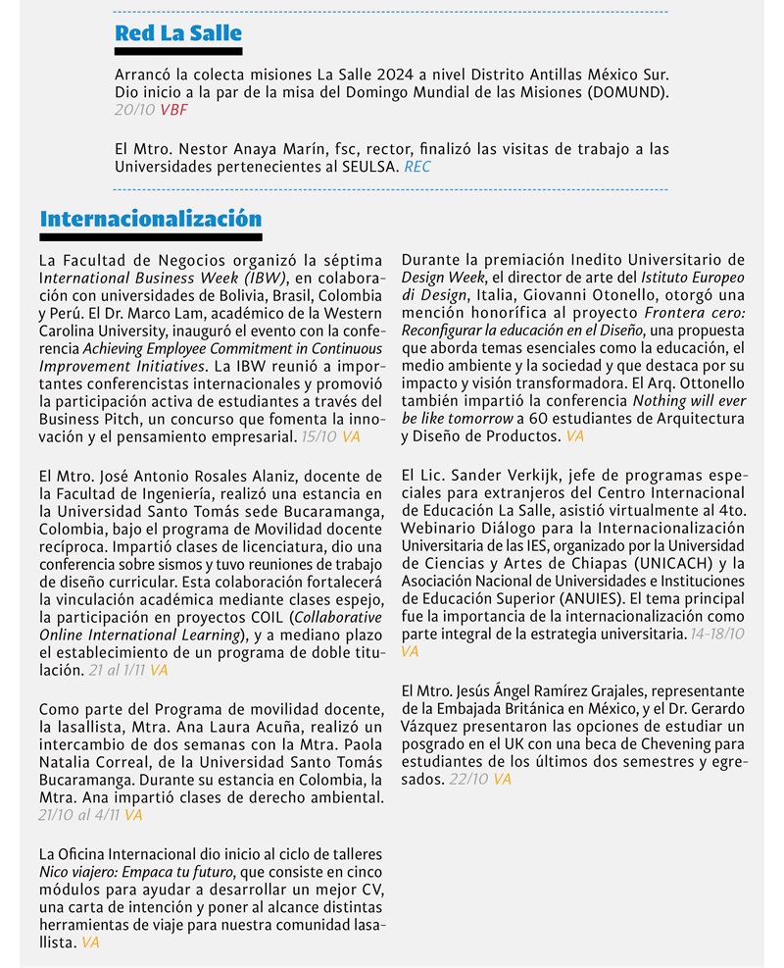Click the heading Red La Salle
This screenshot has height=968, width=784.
coord(177,33)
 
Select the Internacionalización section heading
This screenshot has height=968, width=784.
coord(150,219)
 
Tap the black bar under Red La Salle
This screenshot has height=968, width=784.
coord(177,51)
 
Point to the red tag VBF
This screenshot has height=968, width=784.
coord(174,111)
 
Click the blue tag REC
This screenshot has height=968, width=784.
coord(416,167)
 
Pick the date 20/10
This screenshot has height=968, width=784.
coord(134,111)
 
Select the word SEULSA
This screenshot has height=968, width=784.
coord(367,167)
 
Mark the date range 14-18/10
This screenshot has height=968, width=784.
coord(717,635)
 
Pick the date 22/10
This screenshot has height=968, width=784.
coord(468,780)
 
